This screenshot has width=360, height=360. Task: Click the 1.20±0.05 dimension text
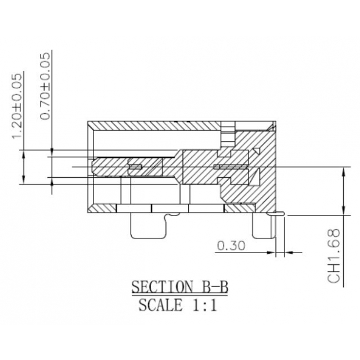pyautogui.click(x=18, y=105)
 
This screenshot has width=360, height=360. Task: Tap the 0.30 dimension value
pyautogui.click(x=231, y=246)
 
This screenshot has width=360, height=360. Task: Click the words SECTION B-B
pyautogui.click(x=178, y=287)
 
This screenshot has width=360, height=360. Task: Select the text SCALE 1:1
pyautogui.click(x=178, y=305)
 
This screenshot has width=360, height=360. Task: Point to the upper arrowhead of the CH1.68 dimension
pyautogui.click(x=344, y=172)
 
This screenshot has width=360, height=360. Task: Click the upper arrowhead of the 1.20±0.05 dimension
pyautogui.click(x=23, y=154)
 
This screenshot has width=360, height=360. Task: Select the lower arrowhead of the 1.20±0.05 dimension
pyautogui.click(x=23, y=180)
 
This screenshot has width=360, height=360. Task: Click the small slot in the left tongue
pyautogui.click(x=135, y=167)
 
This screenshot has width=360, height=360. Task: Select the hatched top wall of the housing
pyautogui.click(x=157, y=126)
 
